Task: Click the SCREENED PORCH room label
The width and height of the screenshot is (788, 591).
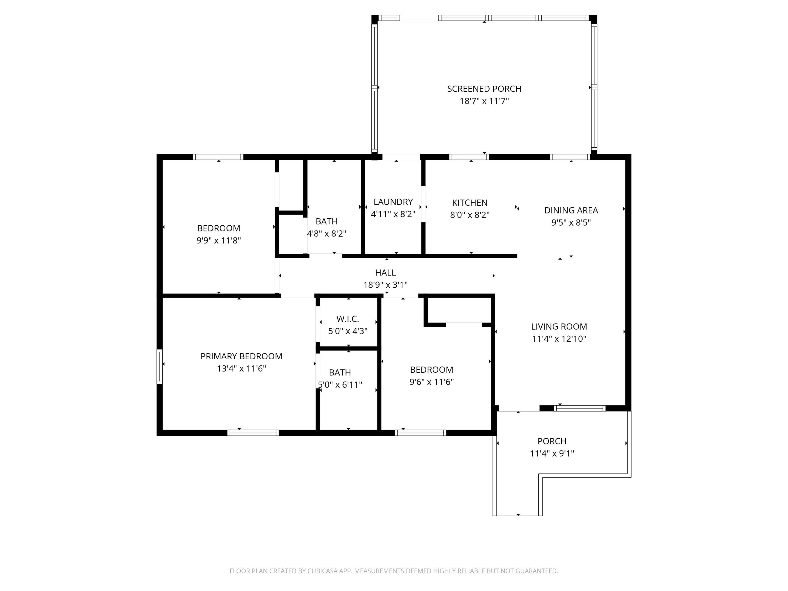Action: point(484,89)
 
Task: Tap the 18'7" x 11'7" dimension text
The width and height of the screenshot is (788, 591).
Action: point(484,101)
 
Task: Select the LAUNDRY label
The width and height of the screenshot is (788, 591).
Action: point(393,202)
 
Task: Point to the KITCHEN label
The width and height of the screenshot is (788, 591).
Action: point(470,203)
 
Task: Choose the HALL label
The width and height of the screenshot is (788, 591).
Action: point(385,273)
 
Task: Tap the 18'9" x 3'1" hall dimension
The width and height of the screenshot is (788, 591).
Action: point(385,285)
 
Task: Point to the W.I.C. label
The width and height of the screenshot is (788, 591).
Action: point(348,319)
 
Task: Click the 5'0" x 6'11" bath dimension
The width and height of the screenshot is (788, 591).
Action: point(340,385)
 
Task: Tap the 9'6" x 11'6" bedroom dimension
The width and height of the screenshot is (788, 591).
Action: point(431,382)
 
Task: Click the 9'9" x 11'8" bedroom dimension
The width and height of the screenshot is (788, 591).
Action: point(219,240)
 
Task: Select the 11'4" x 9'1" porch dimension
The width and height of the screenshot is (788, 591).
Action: point(552,453)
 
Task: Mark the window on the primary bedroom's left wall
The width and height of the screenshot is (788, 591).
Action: point(160,367)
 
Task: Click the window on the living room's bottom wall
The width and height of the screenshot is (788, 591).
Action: point(580,408)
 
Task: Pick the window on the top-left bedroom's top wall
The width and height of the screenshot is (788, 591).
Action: point(218,157)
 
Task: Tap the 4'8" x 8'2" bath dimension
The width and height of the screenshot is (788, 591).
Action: point(327,234)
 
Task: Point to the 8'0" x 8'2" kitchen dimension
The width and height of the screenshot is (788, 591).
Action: point(470,215)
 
